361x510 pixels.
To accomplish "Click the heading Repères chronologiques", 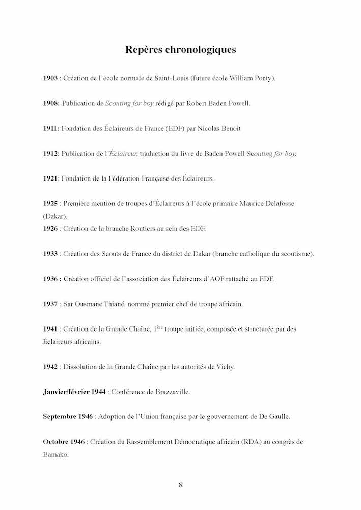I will coord(180,50).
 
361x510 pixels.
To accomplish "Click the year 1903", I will coord(50,79).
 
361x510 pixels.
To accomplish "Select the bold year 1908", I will coord(50,103).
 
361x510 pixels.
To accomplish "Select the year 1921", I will coord(50,178).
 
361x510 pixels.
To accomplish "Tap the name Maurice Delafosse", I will coord(271,203).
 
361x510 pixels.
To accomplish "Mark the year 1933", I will coord(50,253).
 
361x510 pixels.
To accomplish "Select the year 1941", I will coord(50,329).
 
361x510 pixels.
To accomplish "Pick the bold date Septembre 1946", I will coord(68,416).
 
